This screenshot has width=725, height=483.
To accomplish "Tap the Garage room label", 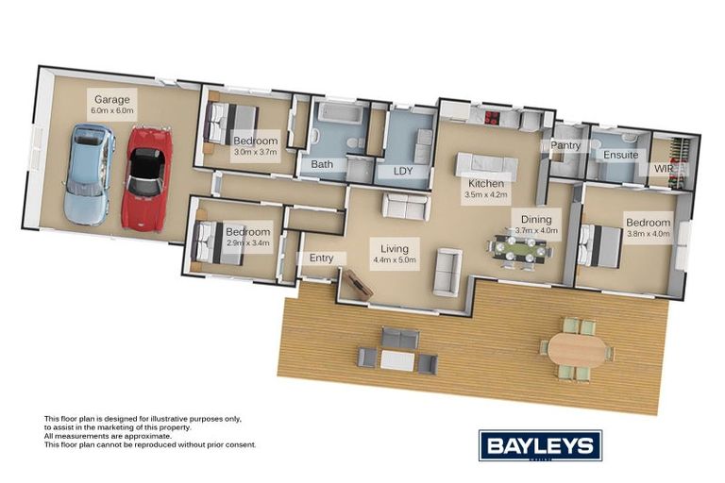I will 111,98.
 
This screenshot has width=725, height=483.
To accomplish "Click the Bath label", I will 321,164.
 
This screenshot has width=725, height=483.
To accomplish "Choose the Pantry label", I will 565,146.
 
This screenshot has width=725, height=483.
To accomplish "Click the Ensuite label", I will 620,155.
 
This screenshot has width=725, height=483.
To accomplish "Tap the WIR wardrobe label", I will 666,170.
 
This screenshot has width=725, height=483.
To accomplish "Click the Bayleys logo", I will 540,444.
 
